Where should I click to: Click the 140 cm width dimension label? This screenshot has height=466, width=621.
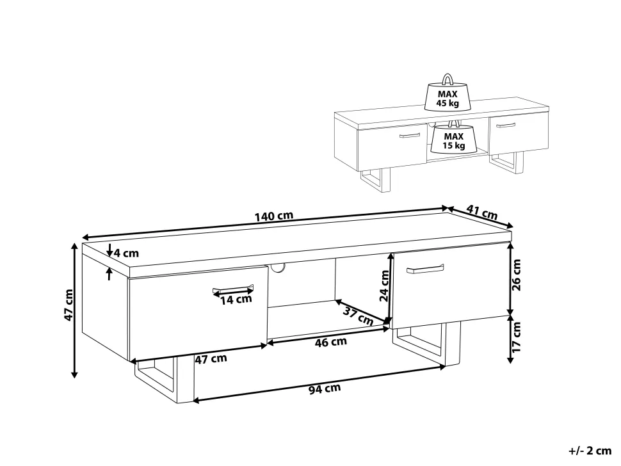pyautogui.click(x=273, y=216)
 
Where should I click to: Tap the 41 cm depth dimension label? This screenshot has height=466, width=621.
pyautogui.click(x=481, y=213)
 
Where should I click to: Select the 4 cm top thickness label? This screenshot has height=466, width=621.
pyautogui.click(x=126, y=253)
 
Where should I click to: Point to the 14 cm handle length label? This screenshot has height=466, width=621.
pyautogui.click(x=236, y=300)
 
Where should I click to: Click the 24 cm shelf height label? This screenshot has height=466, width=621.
pyautogui.click(x=384, y=286)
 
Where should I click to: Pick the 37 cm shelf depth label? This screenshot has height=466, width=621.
pyautogui.click(x=358, y=316)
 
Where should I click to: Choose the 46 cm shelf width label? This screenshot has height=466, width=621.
pyautogui.click(x=331, y=342)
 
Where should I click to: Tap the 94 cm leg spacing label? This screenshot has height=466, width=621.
pyautogui.click(x=325, y=389)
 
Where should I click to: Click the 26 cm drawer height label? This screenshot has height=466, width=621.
pyautogui.click(x=517, y=275)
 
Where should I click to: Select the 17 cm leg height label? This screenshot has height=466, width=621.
pyautogui.click(x=517, y=337)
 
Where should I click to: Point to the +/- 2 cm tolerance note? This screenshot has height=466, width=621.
pyautogui.click(x=590, y=451)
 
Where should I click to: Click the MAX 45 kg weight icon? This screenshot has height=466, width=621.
pyautogui.click(x=448, y=93)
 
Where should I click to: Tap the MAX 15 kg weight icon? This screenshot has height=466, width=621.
pyautogui.click(x=453, y=138)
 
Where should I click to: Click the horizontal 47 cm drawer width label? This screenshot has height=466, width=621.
pyautogui.click(x=211, y=359)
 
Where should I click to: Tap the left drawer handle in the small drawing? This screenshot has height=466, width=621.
pyautogui.click(x=410, y=136)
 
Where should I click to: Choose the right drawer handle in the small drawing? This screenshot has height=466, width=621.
pyautogui.click(x=506, y=125)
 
